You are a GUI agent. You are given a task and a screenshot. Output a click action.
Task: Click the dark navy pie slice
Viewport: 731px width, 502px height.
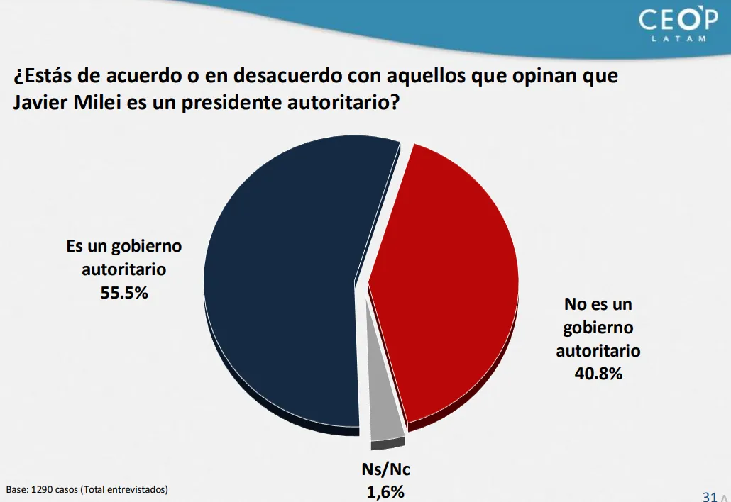pyautogui.click(x=284, y=284)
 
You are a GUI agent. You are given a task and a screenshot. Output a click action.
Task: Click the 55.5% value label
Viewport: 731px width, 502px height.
pyautogui.click(x=124, y=291)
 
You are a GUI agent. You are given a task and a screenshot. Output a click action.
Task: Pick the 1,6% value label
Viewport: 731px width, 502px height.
pyautogui.click(x=386, y=491)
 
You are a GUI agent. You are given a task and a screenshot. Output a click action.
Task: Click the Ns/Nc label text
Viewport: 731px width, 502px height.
pyautogui.click(x=386, y=470)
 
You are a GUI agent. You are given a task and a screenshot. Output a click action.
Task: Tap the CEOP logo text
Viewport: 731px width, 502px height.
pyautogui.click(x=678, y=19)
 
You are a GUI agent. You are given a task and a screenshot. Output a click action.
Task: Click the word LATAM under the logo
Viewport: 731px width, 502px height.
pyautogui.click(x=679, y=38)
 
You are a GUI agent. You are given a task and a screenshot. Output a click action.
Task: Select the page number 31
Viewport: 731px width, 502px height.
pyautogui.click(x=708, y=496)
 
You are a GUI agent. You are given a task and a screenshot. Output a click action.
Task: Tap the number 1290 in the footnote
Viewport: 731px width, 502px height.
pyautogui.click(x=43, y=489)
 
